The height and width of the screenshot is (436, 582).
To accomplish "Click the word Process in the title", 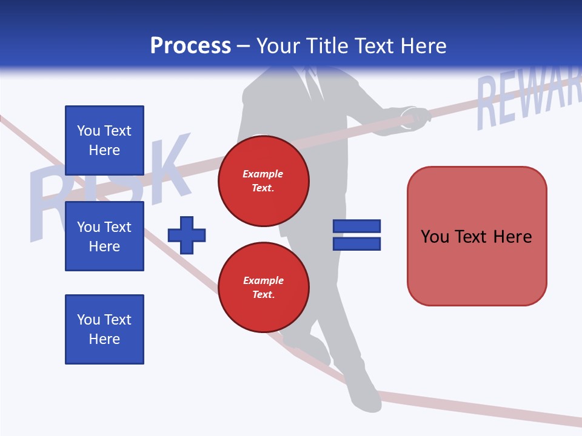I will (x=190, y=46).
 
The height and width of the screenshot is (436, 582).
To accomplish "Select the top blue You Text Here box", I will (x=104, y=140).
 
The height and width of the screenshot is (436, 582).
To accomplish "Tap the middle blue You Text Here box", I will (x=104, y=236).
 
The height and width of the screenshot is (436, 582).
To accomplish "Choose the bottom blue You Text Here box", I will (x=104, y=329).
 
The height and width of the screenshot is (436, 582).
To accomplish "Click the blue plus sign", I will (x=187, y=235).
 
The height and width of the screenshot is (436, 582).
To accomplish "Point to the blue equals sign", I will (x=356, y=235).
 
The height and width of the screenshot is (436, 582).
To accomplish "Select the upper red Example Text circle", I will (x=264, y=181).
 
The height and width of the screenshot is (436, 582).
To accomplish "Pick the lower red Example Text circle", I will (x=264, y=288).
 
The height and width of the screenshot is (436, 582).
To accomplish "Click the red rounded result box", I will (x=477, y=236).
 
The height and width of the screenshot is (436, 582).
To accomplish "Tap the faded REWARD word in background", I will (x=527, y=100).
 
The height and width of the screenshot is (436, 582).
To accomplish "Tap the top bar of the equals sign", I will (x=356, y=226).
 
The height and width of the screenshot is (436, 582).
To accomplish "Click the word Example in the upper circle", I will (x=263, y=174).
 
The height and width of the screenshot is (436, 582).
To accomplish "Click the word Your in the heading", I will (x=278, y=46).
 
